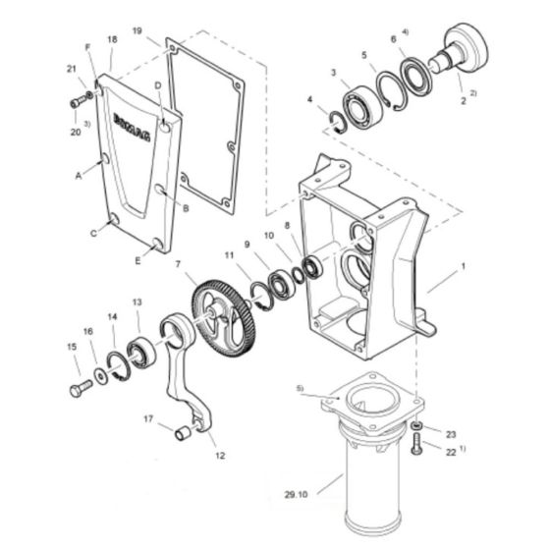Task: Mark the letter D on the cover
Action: tap(157, 85)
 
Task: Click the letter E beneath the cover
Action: tap(137, 262)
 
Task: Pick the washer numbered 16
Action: tap(102, 376)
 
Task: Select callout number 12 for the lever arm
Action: tap(219, 455)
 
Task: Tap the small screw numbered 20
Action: tap(77, 103)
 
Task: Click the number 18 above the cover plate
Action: tap(112, 39)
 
